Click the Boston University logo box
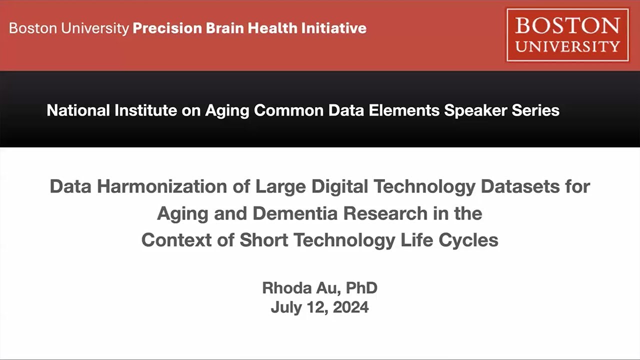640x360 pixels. click(567, 34)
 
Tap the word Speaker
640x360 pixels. click(475, 110)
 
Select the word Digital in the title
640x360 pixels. click(340, 186)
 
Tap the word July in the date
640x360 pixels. click(286, 307)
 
